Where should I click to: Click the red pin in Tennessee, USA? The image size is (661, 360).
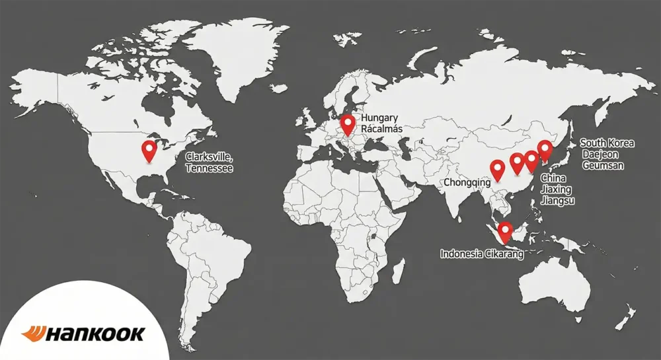(x=149, y=151)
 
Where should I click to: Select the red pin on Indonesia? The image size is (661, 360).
(x=506, y=231)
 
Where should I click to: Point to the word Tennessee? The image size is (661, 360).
(x=209, y=168)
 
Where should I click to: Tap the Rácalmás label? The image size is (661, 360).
(x=383, y=128)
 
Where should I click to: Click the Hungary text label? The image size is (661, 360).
(x=379, y=118)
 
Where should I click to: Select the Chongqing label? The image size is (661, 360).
(x=467, y=182)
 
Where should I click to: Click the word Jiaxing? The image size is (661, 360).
(x=558, y=190)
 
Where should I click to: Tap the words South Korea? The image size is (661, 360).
(x=607, y=143)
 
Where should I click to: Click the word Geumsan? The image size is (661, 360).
(x=603, y=165)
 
